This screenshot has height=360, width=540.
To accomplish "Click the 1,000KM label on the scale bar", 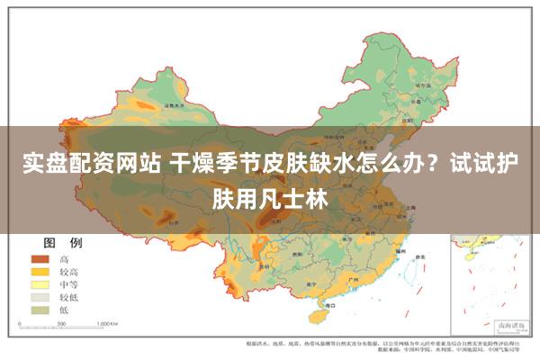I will (108, 322).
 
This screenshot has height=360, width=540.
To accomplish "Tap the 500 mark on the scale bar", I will (67, 322).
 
